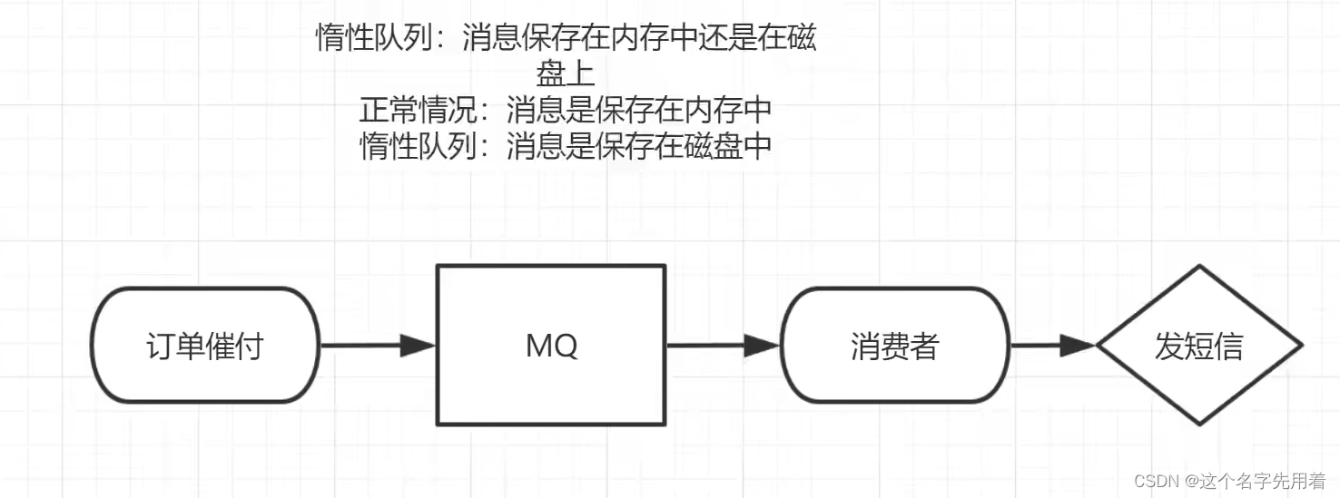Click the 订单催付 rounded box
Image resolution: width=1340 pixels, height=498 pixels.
205,346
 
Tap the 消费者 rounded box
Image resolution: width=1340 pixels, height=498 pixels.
894,346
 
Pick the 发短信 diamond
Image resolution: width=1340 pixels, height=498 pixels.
1199,346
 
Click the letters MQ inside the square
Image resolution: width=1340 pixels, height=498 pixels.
551,346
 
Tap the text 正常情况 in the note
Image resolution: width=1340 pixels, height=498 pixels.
417,110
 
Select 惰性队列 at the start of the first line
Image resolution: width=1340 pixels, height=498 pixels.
375,39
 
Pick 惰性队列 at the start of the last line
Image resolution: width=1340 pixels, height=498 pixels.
419,145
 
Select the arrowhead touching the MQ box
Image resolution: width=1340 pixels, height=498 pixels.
419,346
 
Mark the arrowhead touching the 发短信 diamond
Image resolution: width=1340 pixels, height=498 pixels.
1080,346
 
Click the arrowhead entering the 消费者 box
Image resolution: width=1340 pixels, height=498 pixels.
763,346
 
